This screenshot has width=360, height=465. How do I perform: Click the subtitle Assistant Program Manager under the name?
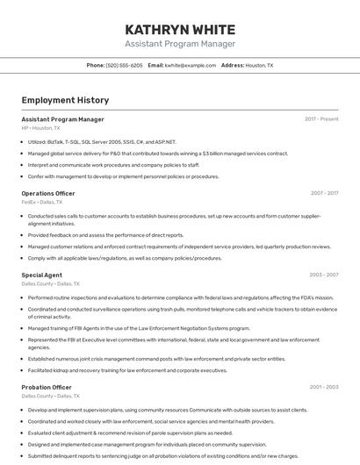pyautogui.click(x=180, y=44)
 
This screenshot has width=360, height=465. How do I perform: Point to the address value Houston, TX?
pyautogui.click(x=259, y=66)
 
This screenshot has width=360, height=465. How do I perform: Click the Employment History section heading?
pyautogui.click(x=65, y=100)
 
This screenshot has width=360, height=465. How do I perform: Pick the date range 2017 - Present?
pyautogui.click(x=321, y=119)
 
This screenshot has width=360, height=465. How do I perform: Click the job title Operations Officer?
pyautogui.click(x=48, y=193)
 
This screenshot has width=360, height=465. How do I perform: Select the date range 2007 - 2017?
pyautogui.click(x=324, y=193)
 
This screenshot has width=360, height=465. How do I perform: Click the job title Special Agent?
pyautogui.click(x=41, y=275)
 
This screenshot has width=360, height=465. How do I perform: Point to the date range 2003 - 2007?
pyautogui.click(x=323, y=275)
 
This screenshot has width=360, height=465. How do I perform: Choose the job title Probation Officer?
pyautogui.click(x=47, y=387)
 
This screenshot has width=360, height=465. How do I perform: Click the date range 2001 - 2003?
pyautogui.click(x=323, y=387)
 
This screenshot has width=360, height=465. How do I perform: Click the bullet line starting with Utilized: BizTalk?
pyautogui.click(x=102, y=141)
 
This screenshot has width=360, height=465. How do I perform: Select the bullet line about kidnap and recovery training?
pyautogui.click(x=127, y=370)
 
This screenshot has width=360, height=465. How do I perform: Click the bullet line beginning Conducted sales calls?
pyautogui.click(x=174, y=216)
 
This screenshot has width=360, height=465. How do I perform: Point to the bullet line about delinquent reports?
pyautogui.click(x=162, y=455)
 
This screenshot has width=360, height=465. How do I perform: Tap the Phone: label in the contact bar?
pyautogui.click(x=96, y=66)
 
